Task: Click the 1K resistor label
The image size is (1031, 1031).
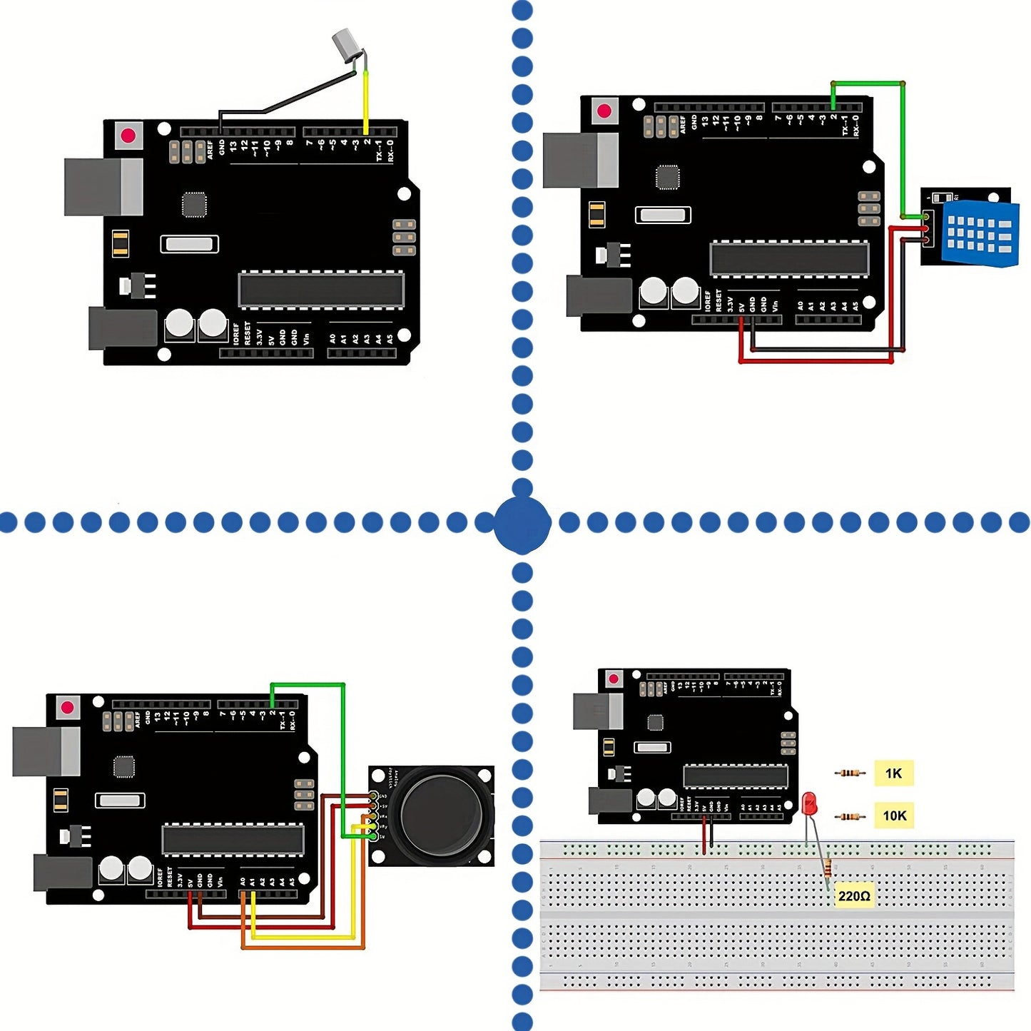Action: coord(893,773)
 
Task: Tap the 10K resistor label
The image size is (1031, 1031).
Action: coord(894,816)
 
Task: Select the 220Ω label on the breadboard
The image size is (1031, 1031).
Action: coord(854,896)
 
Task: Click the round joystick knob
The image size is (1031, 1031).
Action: coord(441,813)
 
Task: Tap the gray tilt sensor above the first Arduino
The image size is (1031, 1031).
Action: coord(346,44)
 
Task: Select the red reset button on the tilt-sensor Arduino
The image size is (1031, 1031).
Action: coord(128,136)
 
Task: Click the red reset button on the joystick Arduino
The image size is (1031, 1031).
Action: coord(68,708)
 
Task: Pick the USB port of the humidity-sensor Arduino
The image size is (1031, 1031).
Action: coord(580,160)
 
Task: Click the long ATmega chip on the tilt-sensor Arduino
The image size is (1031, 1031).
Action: coord(321,290)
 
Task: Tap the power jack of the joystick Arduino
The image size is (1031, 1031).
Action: coord(63,873)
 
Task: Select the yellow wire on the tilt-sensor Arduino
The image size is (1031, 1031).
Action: coord(366,100)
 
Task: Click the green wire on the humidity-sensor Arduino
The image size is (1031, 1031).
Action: coord(903,150)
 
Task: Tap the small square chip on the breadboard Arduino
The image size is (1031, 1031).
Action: coord(655,722)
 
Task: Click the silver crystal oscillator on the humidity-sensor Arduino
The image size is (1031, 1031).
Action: coord(663,215)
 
